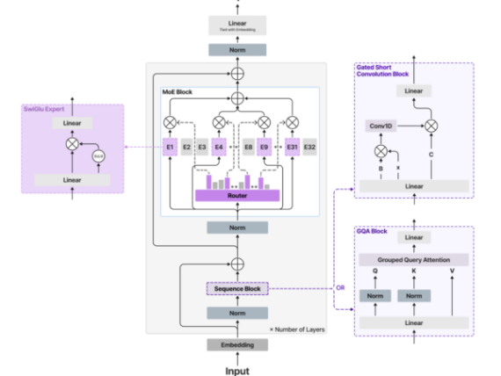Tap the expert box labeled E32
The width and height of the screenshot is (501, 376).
click(309, 147)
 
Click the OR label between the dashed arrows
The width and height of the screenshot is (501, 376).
click(341, 287)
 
